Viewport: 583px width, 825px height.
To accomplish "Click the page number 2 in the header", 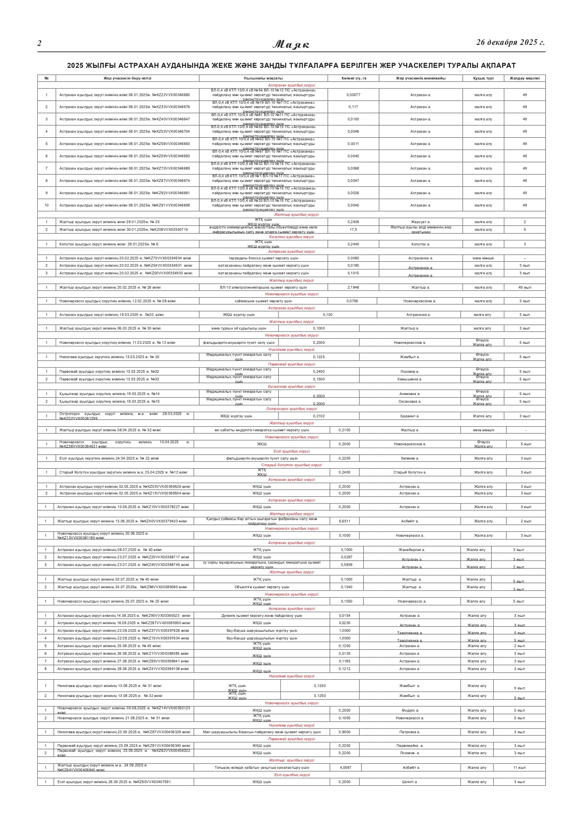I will (x=39, y=44).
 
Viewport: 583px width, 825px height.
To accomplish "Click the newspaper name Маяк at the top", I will (x=291, y=45).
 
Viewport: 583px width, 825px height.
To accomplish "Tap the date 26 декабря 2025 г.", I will (x=510, y=43).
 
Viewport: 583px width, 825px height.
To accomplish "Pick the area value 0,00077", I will (x=353, y=95).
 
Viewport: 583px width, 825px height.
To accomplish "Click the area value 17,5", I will (x=353, y=229).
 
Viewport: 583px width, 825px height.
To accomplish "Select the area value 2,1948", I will (x=353, y=287).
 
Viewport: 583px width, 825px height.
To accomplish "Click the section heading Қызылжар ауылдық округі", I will (x=291, y=387).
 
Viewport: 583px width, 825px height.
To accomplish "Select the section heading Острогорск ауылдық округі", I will (x=291, y=409).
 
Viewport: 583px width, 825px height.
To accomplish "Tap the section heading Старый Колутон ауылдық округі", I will (x=291, y=465).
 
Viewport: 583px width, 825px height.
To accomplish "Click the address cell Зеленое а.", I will (x=410, y=459).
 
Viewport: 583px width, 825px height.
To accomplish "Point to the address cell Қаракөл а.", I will (x=410, y=416).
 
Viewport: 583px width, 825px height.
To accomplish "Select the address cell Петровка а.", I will (x=410, y=732).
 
